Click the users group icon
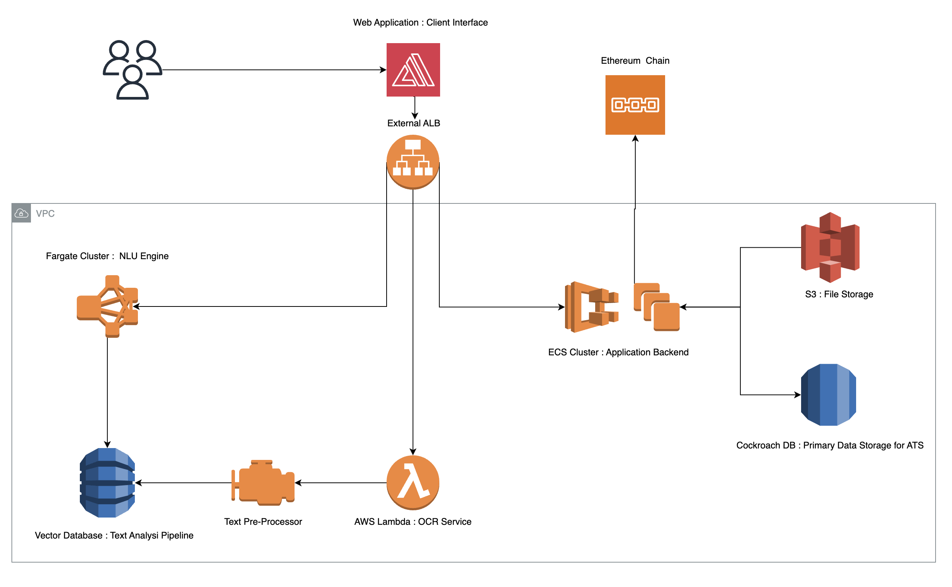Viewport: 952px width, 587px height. tap(132, 70)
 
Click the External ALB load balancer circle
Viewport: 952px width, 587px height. tap(413, 162)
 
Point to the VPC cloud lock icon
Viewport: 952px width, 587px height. tap(21, 213)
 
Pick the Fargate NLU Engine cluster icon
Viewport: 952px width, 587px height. tap(108, 307)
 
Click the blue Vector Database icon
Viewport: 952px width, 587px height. tap(108, 483)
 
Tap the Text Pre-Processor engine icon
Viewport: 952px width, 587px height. tap(264, 483)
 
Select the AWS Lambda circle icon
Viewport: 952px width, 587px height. tap(413, 483)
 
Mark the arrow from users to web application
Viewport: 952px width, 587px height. tap(272, 70)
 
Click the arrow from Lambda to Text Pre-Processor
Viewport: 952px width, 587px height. tap(342, 483)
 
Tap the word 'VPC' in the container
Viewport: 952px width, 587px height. tap(45, 214)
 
